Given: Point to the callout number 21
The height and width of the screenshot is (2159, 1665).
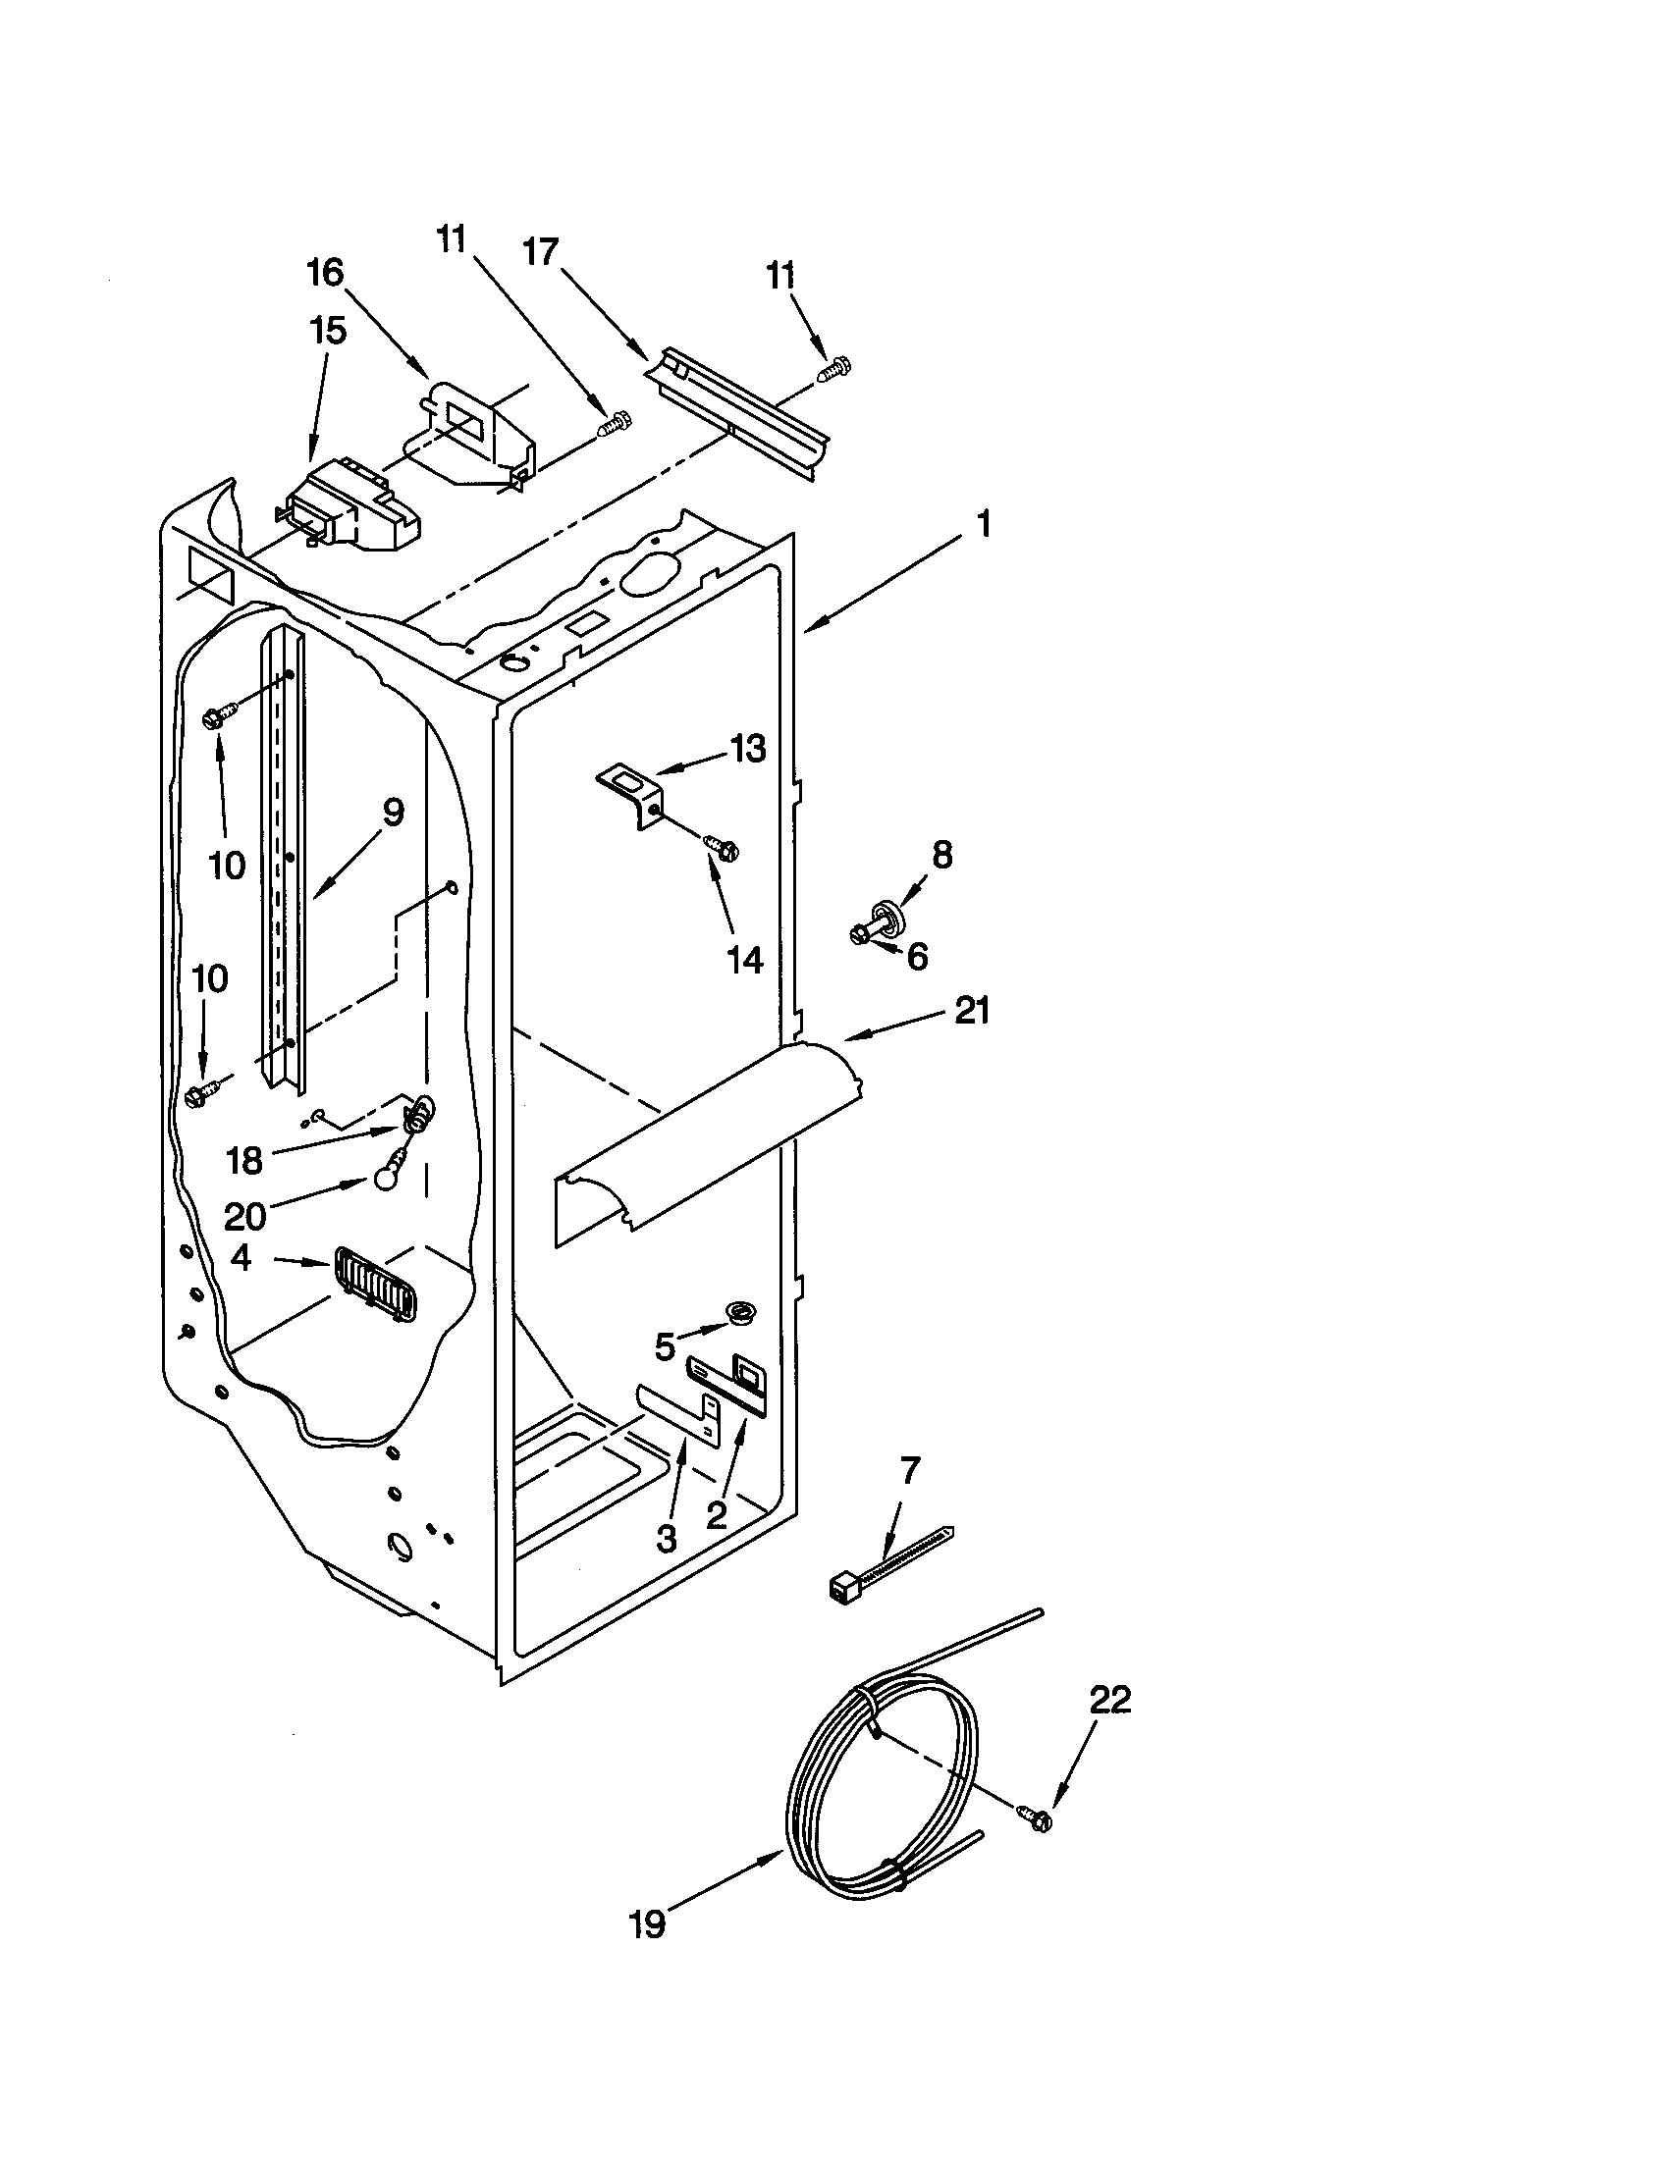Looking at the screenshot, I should pos(971,1010).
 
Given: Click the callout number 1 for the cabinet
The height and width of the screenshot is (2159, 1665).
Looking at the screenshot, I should pos(983,523).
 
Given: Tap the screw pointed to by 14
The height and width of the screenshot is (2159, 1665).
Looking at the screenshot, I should pos(723,847).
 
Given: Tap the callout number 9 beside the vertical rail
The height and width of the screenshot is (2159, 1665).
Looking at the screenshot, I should pos(393,813).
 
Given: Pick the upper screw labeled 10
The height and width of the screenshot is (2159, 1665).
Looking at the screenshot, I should pos(218,716).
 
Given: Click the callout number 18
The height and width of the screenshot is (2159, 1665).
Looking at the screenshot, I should pos(244,1160).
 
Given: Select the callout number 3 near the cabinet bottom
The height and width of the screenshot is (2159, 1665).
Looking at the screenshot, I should pos(667,1537).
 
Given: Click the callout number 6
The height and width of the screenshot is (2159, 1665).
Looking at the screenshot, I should pos(918,956).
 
